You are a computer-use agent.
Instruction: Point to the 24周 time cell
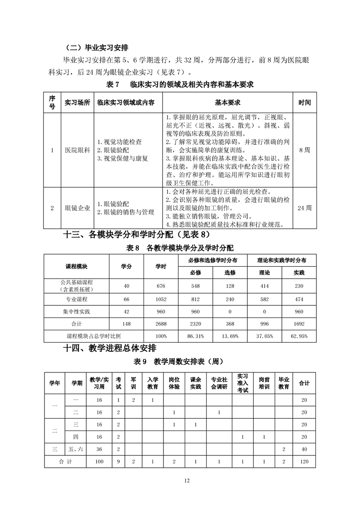[305, 208]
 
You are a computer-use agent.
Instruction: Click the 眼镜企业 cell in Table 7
[78, 208]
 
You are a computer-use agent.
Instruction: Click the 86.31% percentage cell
[200, 336]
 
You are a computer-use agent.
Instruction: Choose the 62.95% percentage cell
[299, 336]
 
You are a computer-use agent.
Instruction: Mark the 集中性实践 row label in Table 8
[76, 312]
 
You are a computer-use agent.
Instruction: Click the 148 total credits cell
[126, 324]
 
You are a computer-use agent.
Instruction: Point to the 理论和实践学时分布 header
[281, 260]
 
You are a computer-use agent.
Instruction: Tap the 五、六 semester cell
[76, 449]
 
